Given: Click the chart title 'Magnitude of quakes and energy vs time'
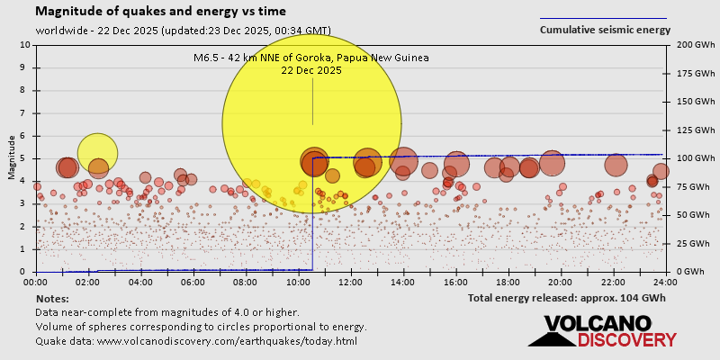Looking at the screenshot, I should [161, 12].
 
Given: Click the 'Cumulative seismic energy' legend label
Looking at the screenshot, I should [605, 30].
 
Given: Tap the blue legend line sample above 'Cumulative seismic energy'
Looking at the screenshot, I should [603, 18].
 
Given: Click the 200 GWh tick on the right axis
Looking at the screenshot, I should [688, 45].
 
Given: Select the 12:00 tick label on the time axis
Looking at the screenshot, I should [352, 282].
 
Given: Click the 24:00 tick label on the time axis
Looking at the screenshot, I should [665, 282].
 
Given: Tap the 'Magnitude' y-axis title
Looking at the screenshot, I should [12, 157].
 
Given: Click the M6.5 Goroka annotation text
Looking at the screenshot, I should [311, 63].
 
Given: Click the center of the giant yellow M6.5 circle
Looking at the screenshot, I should [311, 123].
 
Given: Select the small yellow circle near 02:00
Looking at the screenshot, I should [97, 152].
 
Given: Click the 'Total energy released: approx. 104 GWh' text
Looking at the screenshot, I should [567, 298].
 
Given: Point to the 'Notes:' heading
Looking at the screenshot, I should [52, 298].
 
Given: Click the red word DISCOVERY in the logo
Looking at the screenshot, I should [626, 340].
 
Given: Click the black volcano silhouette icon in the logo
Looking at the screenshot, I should [551, 336].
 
